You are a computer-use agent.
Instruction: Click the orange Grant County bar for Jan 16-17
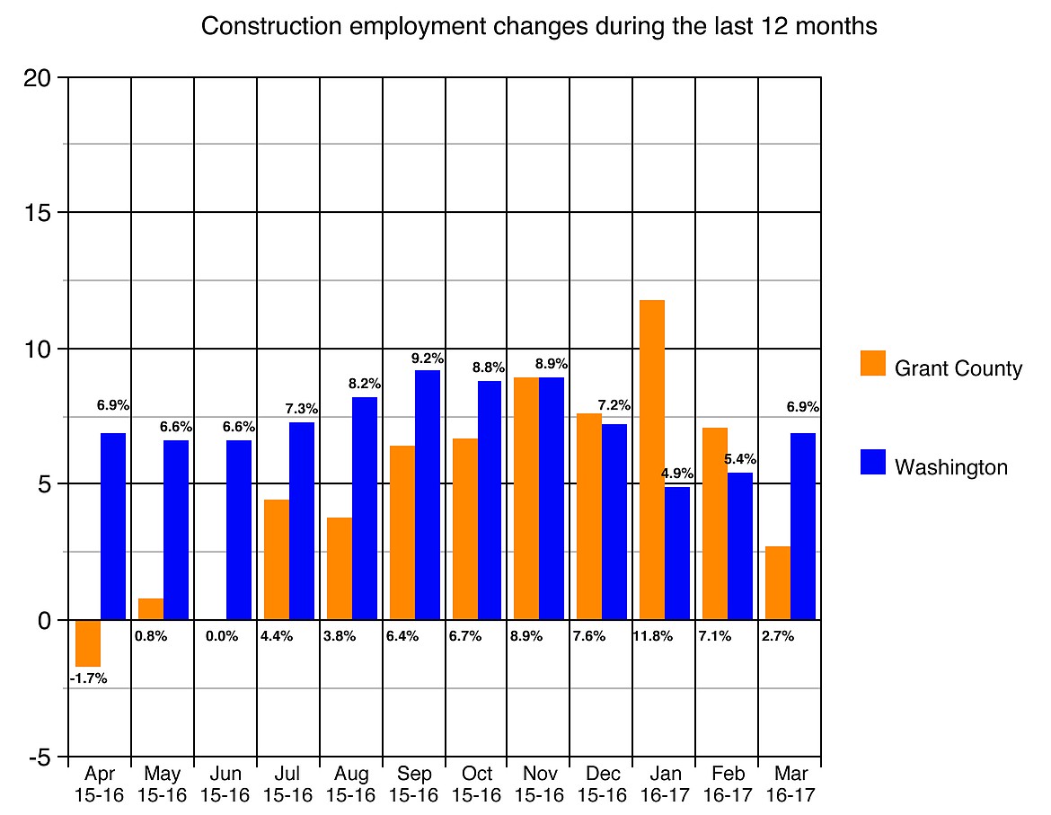click(x=652, y=459)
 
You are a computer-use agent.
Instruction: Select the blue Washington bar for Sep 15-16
click(x=428, y=494)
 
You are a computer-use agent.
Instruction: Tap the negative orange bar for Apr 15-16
click(x=88, y=642)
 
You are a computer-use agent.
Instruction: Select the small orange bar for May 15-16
click(x=151, y=609)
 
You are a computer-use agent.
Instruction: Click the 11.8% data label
click(x=652, y=636)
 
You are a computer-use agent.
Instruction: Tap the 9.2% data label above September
click(x=428, y=358)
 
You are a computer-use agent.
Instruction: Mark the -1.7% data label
click(x=88, y=678)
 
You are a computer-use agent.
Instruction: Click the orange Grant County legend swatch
click(x=872, y=363)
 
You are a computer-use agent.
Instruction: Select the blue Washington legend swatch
click(x=872, y=462)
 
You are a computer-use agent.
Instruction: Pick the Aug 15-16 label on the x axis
click(x=350, y=784)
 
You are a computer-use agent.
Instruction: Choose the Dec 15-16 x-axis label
click(x=602, y=784)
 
